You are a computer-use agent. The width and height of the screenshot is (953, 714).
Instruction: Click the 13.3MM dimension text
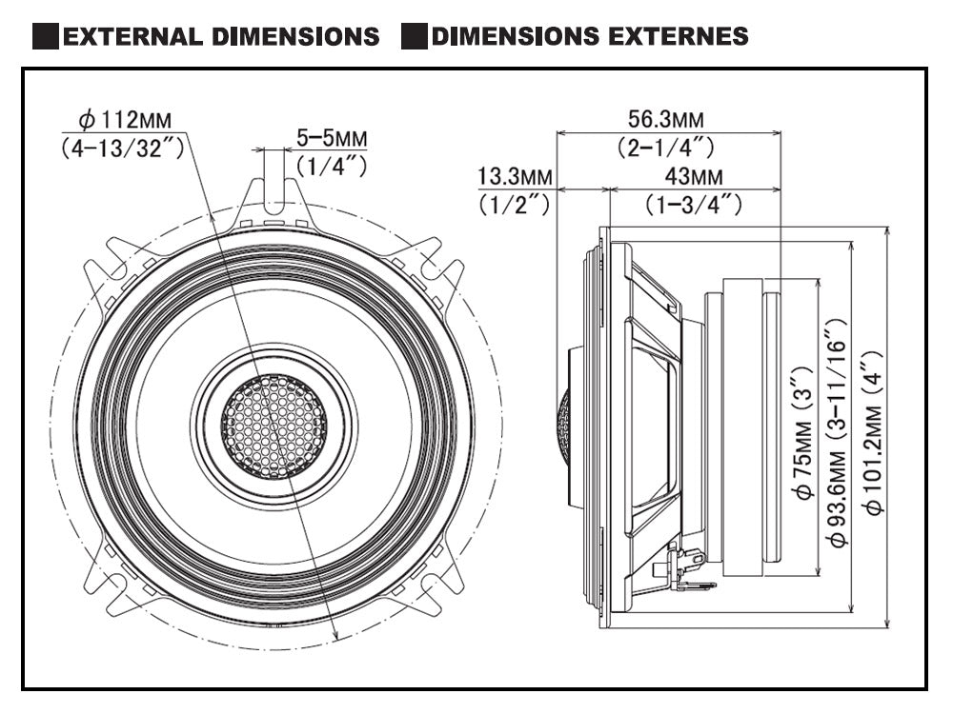click(515, 177)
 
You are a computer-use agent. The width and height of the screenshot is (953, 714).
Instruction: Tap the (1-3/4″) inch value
click(692, 204)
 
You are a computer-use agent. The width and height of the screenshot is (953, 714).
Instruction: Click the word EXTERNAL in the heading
click(130, 37)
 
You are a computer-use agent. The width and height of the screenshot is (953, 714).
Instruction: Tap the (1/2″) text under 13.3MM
click(515, 204)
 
